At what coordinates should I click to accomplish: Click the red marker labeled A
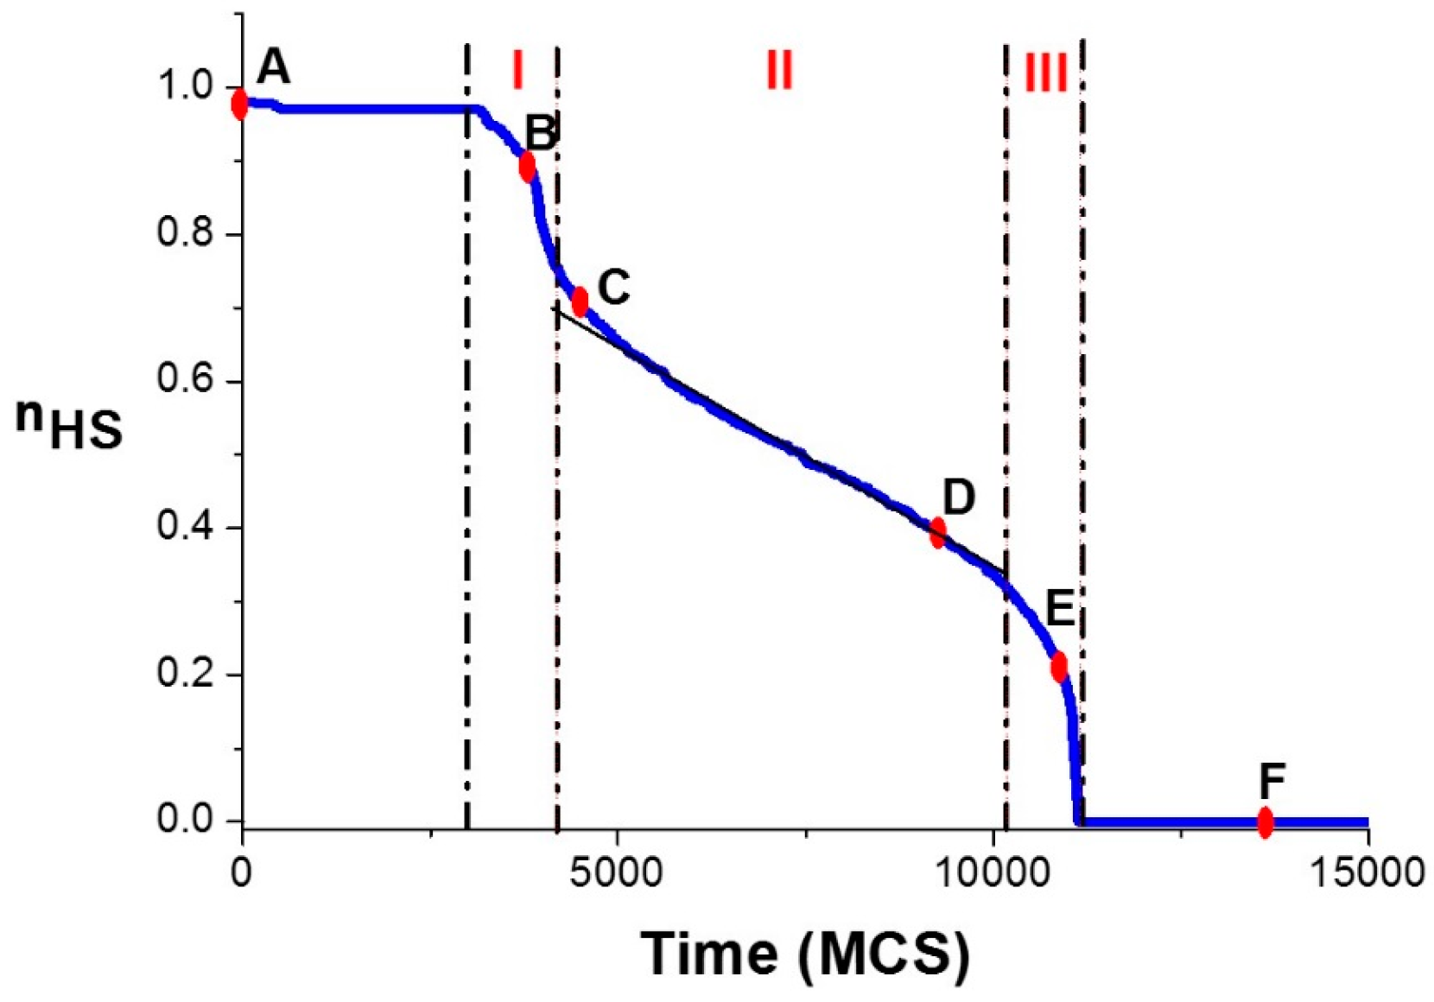(x=239, y=105)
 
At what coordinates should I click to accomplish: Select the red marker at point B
(x=527, y=166)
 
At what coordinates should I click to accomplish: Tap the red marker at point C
(x=581, y=301)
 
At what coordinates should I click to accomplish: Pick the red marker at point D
(x=937, y=532)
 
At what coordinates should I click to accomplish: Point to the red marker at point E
(x=1059, y=666)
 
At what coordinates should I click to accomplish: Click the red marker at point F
(x=1265, y=821)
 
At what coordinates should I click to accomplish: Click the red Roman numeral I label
(x=518, y=70)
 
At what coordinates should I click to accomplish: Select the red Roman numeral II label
(x=779, y=70)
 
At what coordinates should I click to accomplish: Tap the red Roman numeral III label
(x=1045, y=73)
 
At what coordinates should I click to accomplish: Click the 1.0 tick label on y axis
(x=185, y=86)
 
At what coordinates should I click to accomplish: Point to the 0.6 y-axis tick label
(x=185, y=380)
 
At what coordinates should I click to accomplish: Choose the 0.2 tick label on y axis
(x=185, y=673)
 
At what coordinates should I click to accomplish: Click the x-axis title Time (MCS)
(x=805, y=954)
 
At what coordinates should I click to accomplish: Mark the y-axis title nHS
(x=69, y=424)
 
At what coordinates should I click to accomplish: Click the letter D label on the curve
(x=959, y=498)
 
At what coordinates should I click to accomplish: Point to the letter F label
(x=1272, y=782)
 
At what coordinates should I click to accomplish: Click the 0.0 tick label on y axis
(x=185, y=819)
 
